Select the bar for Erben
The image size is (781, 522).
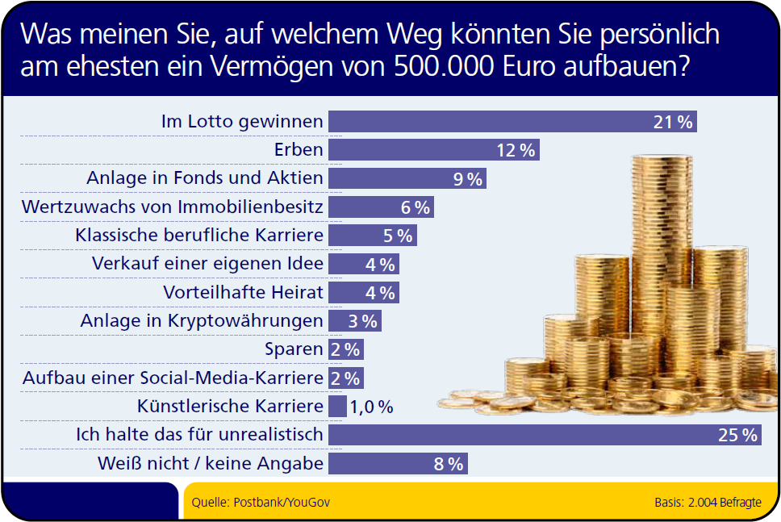(420, 150)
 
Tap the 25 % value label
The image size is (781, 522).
(737, 436)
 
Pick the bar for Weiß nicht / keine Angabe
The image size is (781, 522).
(387, 464)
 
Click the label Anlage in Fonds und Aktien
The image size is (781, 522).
(205, 178)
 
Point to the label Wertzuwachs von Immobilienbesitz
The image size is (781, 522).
(173, 207)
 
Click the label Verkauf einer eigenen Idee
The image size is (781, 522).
(208, 264)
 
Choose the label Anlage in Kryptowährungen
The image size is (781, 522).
(202, 321)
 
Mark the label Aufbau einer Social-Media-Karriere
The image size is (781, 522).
(173, 378)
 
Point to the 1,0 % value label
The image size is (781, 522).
(371, 407)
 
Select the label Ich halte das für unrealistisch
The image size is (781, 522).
(199, 436)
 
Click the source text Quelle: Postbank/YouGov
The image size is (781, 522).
(261, 503)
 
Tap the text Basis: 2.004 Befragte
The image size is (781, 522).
(708, 503)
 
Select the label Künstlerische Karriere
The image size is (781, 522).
(230, 407)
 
